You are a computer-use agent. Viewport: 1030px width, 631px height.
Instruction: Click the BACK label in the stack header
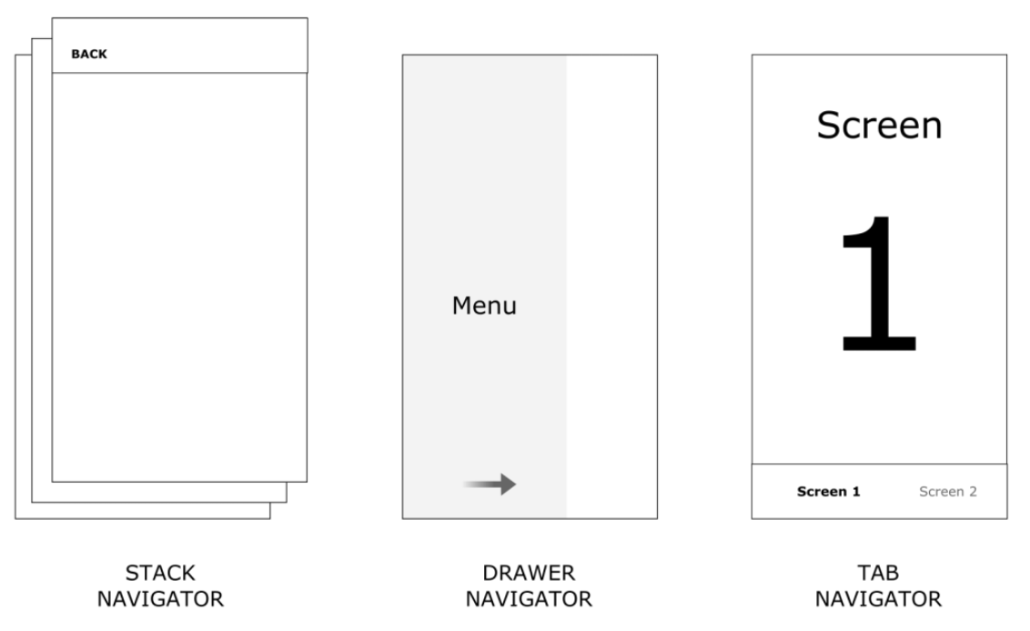coord(88,54)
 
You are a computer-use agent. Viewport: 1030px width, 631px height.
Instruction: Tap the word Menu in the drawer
coord(484,306)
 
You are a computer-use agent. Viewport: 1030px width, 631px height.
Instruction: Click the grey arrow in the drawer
coord(490,484)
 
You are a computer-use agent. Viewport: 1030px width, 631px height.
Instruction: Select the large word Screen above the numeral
coord(879,125)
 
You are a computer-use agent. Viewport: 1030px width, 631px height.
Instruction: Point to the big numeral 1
coord(879,283)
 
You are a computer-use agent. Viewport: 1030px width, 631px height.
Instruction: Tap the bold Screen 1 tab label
coord(828,492)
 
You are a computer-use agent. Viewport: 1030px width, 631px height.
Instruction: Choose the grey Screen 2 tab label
coord(948,492)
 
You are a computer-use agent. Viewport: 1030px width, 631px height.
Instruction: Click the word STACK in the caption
coord(160,573)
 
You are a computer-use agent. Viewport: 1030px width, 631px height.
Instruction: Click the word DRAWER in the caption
coord(529,573)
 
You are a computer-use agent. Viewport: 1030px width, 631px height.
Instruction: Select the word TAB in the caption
coord(878,573)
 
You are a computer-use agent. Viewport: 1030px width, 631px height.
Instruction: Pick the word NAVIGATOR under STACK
coord(160,599)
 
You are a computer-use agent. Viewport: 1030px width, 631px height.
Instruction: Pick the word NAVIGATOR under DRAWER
coord(529,599)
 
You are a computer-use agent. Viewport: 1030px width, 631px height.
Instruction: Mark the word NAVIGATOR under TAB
coord(878,599)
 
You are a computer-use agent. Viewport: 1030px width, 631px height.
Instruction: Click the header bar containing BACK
coord(179,46)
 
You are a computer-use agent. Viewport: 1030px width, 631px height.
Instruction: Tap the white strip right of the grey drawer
coord(611,287)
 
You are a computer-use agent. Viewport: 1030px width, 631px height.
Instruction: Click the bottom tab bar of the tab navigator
coord(879,491)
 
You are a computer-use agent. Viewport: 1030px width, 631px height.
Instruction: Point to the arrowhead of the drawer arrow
coord(509,484)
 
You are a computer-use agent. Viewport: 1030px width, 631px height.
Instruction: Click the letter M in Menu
coord(461,306)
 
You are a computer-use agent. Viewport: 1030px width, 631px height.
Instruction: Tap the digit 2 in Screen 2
coord(973,492)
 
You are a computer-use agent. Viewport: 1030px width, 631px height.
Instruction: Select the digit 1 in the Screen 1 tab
coord(856,492)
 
